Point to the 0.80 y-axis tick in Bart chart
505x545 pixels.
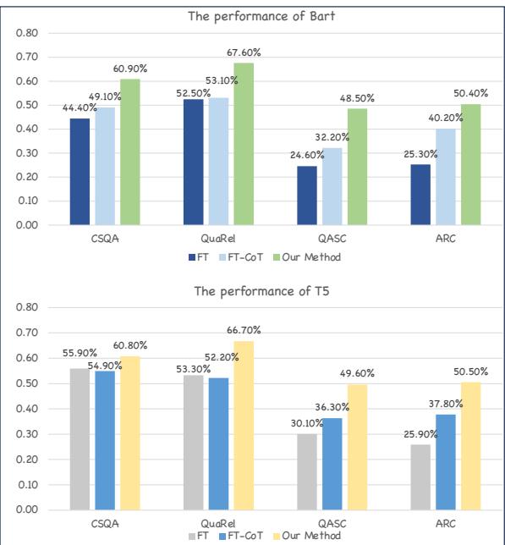tap(29, 33)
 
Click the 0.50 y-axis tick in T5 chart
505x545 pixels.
tap(29, 383)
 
